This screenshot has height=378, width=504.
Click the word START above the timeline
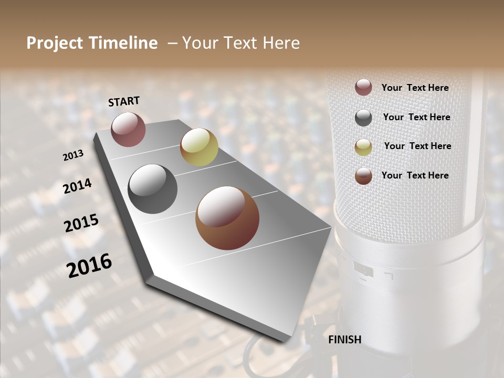point(124,101)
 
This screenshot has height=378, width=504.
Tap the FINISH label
point(344,340)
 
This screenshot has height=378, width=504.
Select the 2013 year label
point(73,155)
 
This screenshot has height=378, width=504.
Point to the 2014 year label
point(78,186)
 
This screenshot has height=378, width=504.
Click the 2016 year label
point(89,266)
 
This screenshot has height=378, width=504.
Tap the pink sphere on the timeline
point(128,129)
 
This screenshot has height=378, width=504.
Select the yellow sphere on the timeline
point(199,147)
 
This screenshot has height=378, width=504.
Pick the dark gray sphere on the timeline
point(152,188)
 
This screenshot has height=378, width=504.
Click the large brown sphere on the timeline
point(227,218)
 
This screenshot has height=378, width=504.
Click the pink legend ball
point(363,88)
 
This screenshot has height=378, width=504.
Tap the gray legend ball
point(363,118)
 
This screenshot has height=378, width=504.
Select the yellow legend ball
point(363,147)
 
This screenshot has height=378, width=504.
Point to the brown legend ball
point(363,176)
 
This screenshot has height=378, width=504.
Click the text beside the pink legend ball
point(415,88)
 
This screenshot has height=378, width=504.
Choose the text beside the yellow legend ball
point(417,146)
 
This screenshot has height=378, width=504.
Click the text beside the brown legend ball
point(415,175)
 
